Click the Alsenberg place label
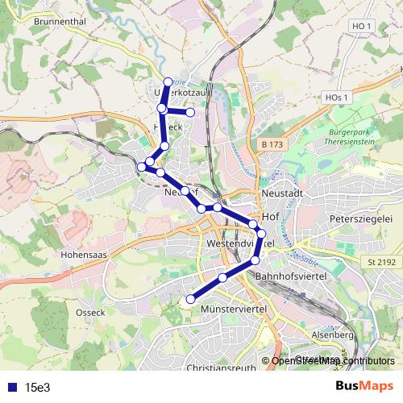tap(332, 334)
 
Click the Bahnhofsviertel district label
tap(289, 276)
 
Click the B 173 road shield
tap(273, 143)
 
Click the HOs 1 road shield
tap(337, 98)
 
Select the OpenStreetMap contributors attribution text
tap(333, 360)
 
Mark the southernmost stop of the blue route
tap(191, 300)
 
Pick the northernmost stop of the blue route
tap(168, 81)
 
